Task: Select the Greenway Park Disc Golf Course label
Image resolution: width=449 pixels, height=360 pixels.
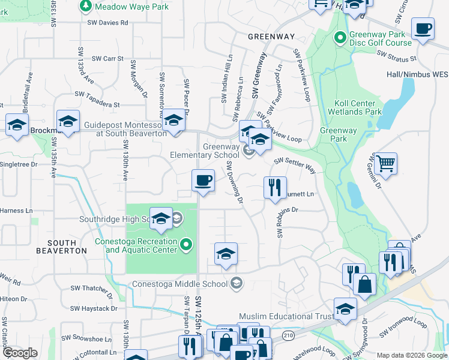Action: [381, 39]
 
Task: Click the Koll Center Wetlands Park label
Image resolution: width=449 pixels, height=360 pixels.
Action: [355, 107]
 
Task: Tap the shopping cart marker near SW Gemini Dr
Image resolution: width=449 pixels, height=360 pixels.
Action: [385, 163]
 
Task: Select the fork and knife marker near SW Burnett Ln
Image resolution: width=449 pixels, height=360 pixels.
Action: [275, 187]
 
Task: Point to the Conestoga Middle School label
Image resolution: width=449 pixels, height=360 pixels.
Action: [180, 284]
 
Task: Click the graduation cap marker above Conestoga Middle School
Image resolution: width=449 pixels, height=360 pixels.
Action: [226, 254]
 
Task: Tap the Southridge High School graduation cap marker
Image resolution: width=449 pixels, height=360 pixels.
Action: [160, 219]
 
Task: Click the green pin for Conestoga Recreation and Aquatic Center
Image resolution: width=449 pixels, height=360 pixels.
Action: [186, 244]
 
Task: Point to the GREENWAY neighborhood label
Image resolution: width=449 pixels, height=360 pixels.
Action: [271, 37]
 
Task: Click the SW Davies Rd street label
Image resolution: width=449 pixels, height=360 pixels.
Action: [107, 23]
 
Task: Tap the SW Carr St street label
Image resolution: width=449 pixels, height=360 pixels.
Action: [107, 59]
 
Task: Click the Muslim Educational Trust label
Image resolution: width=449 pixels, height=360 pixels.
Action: [286, 316]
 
